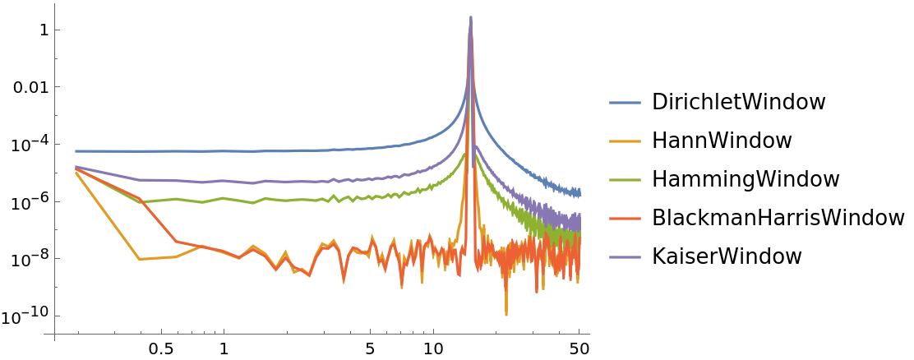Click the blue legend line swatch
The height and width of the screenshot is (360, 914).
[x=625, y=103]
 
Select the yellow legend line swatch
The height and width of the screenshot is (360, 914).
[x=625, y=141]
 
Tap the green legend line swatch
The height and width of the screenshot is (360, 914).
[x=625, y=180]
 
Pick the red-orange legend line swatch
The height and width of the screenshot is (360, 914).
[x=625, y=219]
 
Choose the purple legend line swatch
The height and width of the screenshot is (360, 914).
[x=625, y=257]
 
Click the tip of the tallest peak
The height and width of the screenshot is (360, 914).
[x=470, y=16]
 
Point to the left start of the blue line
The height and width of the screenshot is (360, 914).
[x=76, y=151]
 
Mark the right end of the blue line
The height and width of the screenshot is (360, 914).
[x=580, y=193]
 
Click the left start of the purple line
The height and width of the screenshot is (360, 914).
[x=76, y=167]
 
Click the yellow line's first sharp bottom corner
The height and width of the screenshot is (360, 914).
[x=139, y=260]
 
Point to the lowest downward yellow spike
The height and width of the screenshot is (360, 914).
[x=505, y=315]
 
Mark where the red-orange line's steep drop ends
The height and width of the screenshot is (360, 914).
[x=175, y=241]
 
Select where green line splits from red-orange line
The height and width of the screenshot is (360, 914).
[x=141, y=200]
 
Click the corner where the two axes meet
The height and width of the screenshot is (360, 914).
[x=54, y=335]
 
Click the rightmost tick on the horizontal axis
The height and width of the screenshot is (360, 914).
[x=579, y=334]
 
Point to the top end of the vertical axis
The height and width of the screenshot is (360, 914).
[x=54, y=4]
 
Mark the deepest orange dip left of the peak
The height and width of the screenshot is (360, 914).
[x=401, y=288]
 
